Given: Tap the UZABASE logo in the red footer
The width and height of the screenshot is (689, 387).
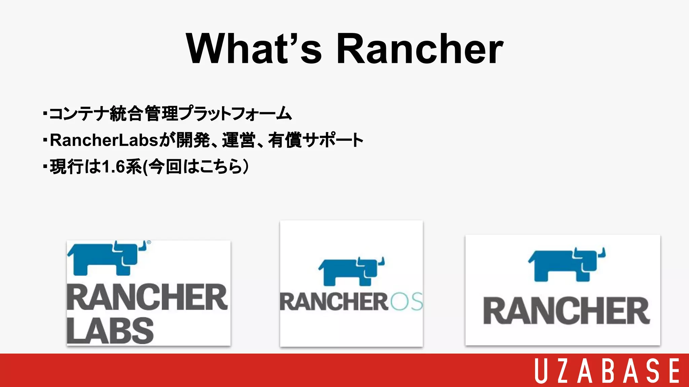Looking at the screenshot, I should [x=607, y=371].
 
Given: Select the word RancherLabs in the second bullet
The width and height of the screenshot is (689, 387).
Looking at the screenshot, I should [x=104, y=140].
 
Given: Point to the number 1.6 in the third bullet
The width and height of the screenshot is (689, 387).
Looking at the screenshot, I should [x=113, y=167].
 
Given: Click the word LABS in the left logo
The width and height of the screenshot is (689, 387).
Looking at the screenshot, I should [x=110, y=331].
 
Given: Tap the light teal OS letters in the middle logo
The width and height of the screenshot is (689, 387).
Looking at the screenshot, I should [x=406, y=301].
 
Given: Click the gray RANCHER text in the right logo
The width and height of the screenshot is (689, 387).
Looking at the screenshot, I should [x=567, y=311].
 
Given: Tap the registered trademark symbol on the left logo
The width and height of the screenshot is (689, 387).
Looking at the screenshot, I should [x=149, y=242].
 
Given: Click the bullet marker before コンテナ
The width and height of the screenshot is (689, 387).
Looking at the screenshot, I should [x=45, y=113].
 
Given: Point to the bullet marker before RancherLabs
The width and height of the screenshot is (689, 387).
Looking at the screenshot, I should [x=45, y=140].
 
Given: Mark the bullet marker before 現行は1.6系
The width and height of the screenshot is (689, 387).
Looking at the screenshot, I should [x=45, y=166].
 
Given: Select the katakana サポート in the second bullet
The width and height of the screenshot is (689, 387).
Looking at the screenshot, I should [x=333, y=140].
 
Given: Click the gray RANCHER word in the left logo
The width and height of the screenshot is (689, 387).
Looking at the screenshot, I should [x=147, y=297].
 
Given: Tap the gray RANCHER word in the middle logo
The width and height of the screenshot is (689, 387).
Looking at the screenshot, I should [x=334, y=302].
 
